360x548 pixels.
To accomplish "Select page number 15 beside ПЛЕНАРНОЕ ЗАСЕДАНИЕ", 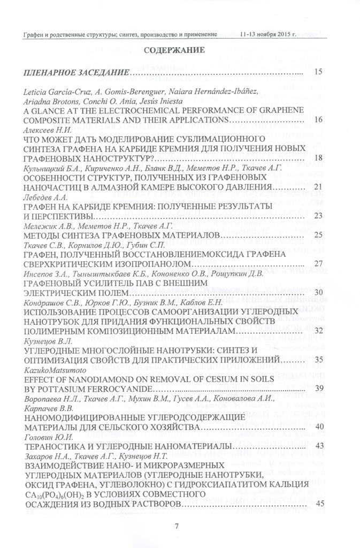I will pyautogui.click(x=319, y=72).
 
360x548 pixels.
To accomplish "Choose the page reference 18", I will pyautogui.click(x=319, y=159).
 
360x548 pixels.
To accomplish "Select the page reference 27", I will pyautogui.click(x=319, y=263).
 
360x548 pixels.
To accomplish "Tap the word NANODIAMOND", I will pyautogui.click(x=90, y=379).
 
